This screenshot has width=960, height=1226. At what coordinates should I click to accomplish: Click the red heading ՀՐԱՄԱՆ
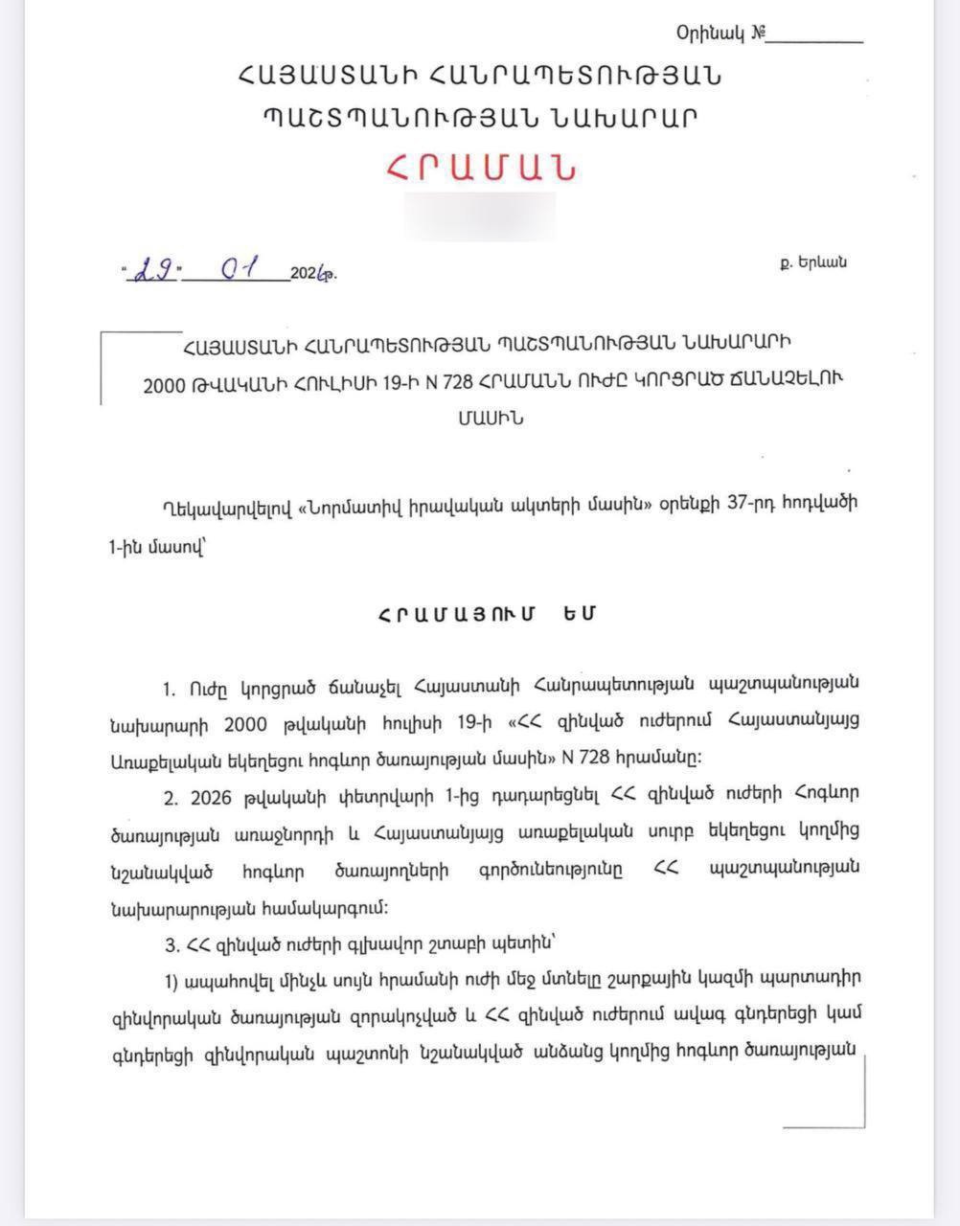point(482,168)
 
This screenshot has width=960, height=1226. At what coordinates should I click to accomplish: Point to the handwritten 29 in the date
point(155,270)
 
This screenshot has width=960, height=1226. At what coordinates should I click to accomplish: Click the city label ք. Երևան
point(812,262)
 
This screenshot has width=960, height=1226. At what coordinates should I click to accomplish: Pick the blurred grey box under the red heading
point(480,216)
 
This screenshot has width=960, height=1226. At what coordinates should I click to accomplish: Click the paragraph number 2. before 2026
point(171,797)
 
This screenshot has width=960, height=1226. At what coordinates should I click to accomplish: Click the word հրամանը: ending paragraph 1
point(661,759)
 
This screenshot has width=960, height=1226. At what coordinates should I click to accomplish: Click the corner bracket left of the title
point(104,340)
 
